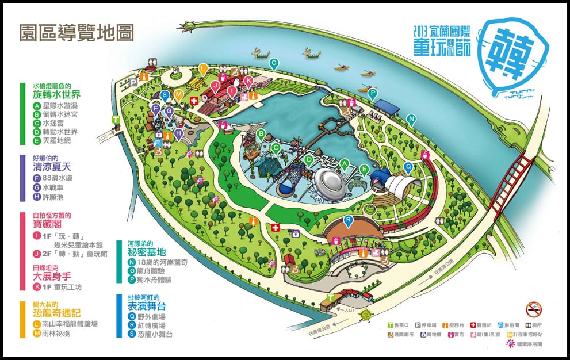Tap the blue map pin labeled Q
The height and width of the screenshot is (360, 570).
[408, 167]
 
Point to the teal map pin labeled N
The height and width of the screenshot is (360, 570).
[411, 119]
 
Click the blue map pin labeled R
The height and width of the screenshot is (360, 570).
[347, 220]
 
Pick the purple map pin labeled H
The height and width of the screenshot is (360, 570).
[179, 133]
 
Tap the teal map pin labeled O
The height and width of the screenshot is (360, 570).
[274, 63]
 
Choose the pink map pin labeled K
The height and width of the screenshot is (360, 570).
[248, 81]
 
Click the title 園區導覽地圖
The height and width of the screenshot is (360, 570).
[76, 32]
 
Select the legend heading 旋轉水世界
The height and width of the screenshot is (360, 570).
[56, 94]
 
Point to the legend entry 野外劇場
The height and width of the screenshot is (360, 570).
[151, 316]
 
